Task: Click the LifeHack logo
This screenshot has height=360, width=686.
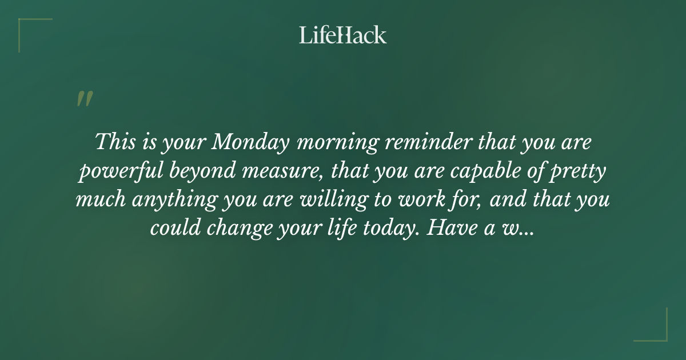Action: pyautogui.click(x=343, y=35)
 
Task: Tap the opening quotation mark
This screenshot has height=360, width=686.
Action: pyautogui.click(x=84, y=99)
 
